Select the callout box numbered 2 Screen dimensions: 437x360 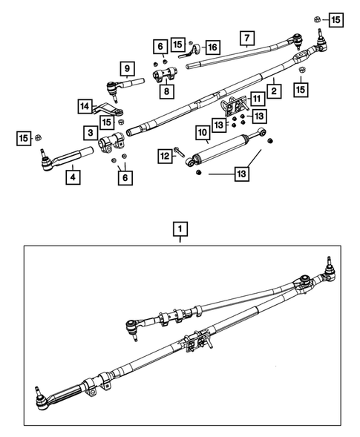(274, 91)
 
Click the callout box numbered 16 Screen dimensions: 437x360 (212, 47)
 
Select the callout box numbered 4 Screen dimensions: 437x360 (72, 178)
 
